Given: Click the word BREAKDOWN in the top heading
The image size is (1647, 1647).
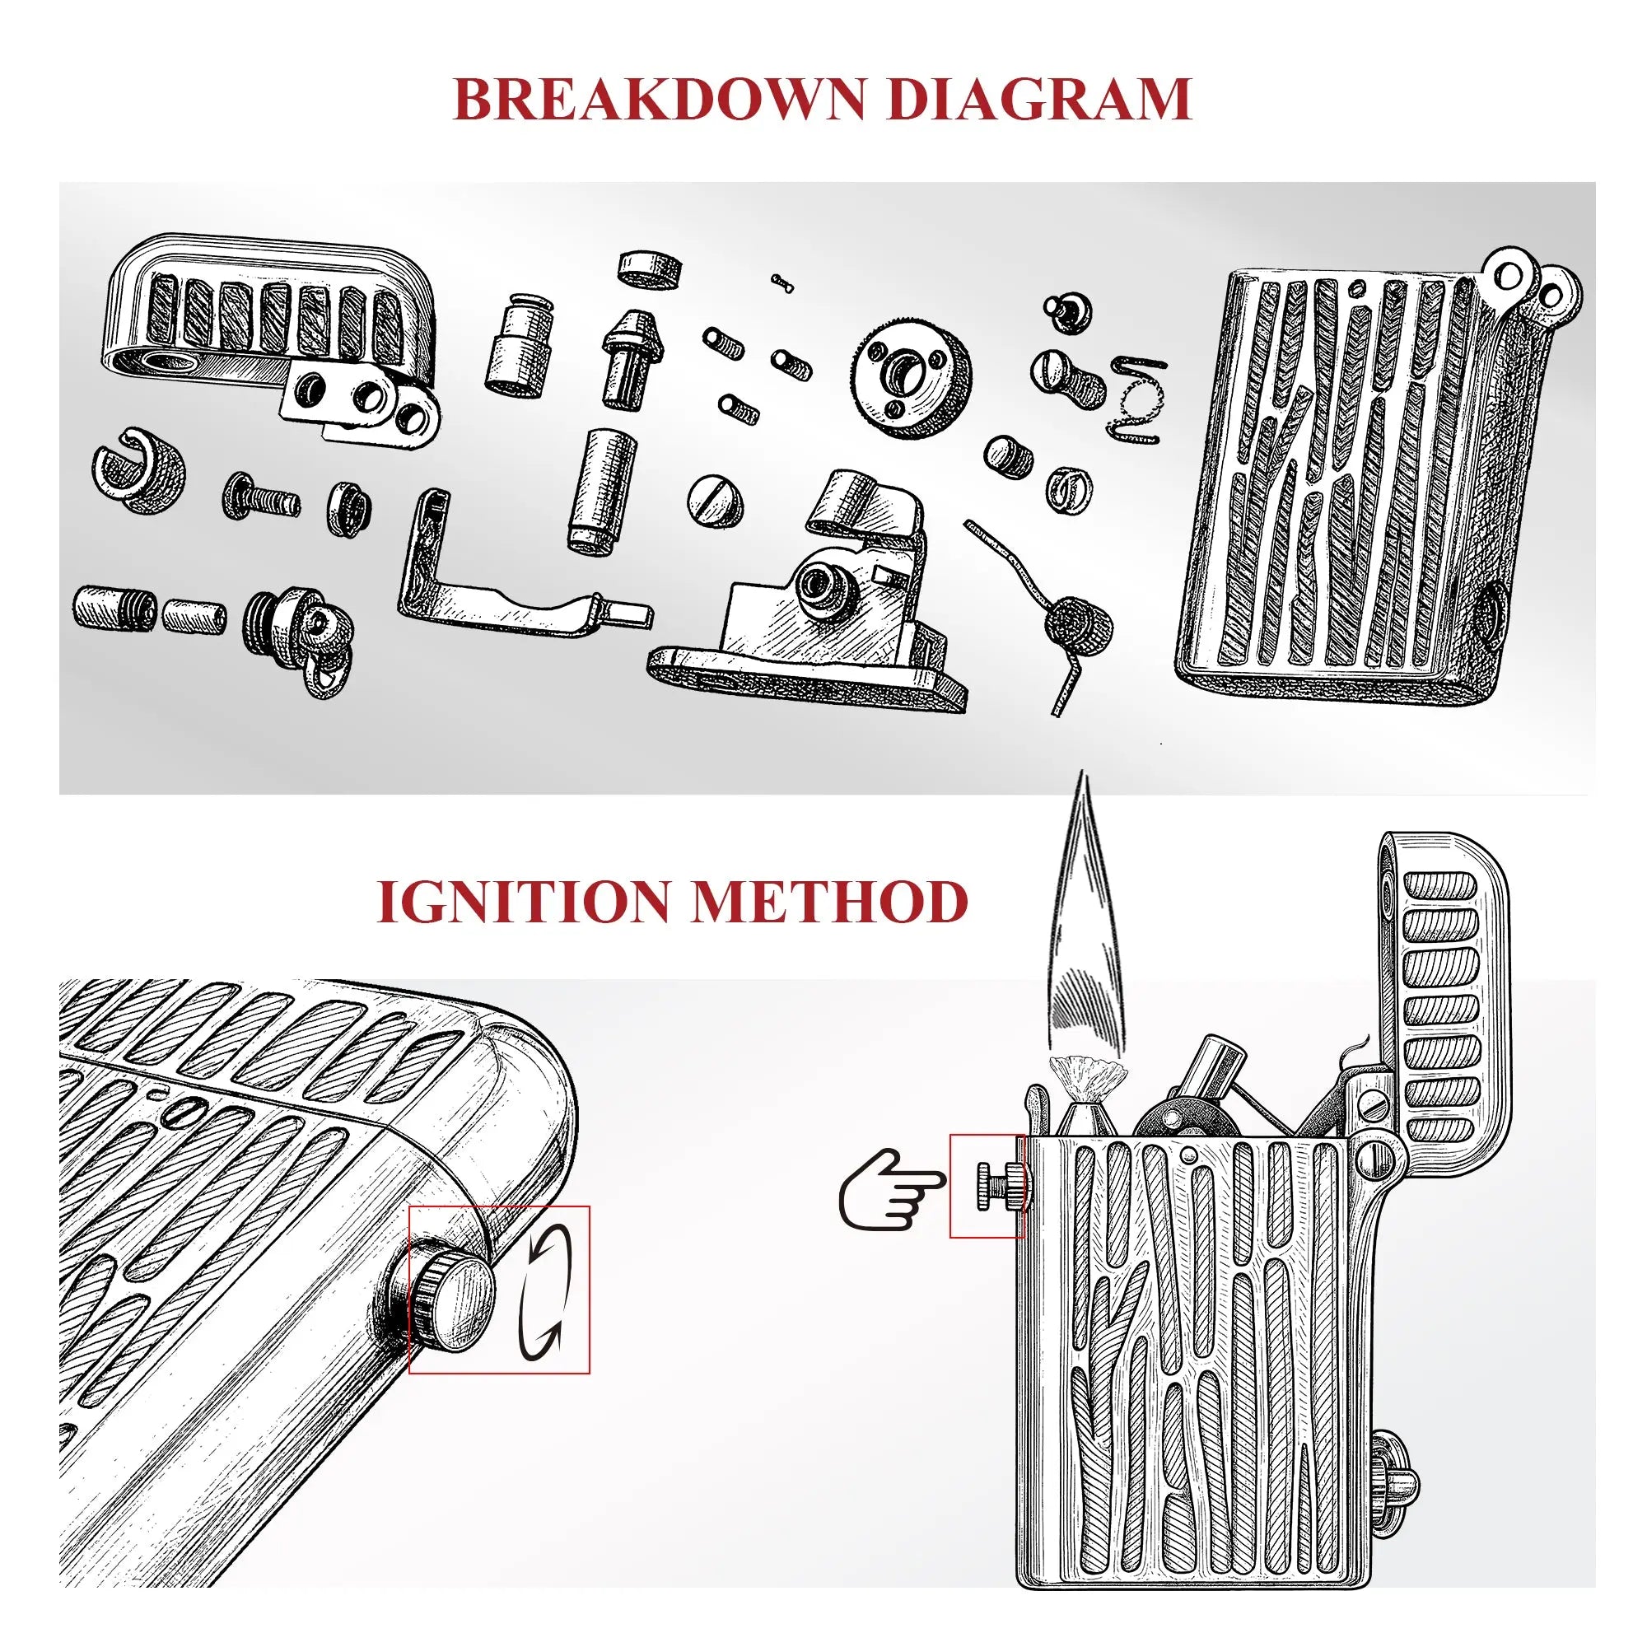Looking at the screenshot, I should pyautogui.click(x=659, y=100).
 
